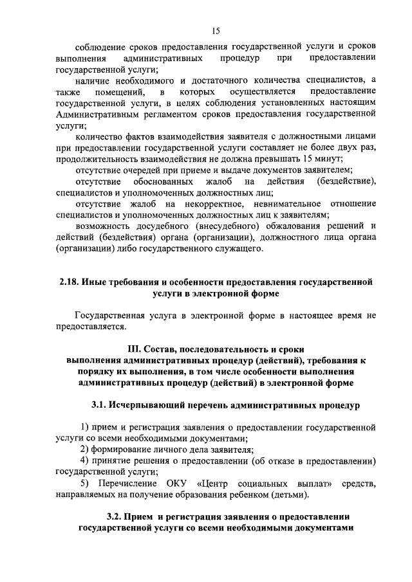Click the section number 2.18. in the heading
(69, 282)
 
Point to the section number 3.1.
(101, 405)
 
